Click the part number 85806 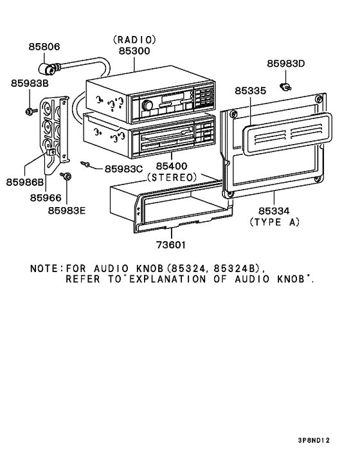click(44, 46)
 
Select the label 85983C click(123, 168)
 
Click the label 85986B click(26, 183)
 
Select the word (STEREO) click(171, 176)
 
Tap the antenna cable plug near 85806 click(47, 68)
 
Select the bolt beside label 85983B click(30, 112)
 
